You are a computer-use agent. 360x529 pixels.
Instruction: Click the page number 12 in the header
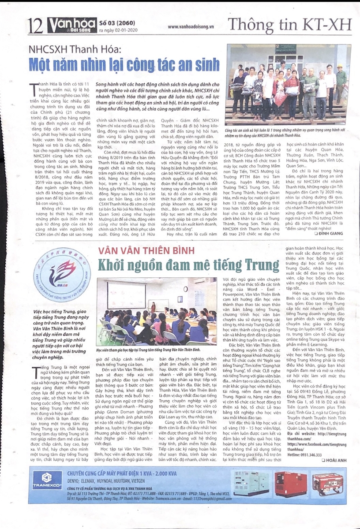point(34,25)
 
